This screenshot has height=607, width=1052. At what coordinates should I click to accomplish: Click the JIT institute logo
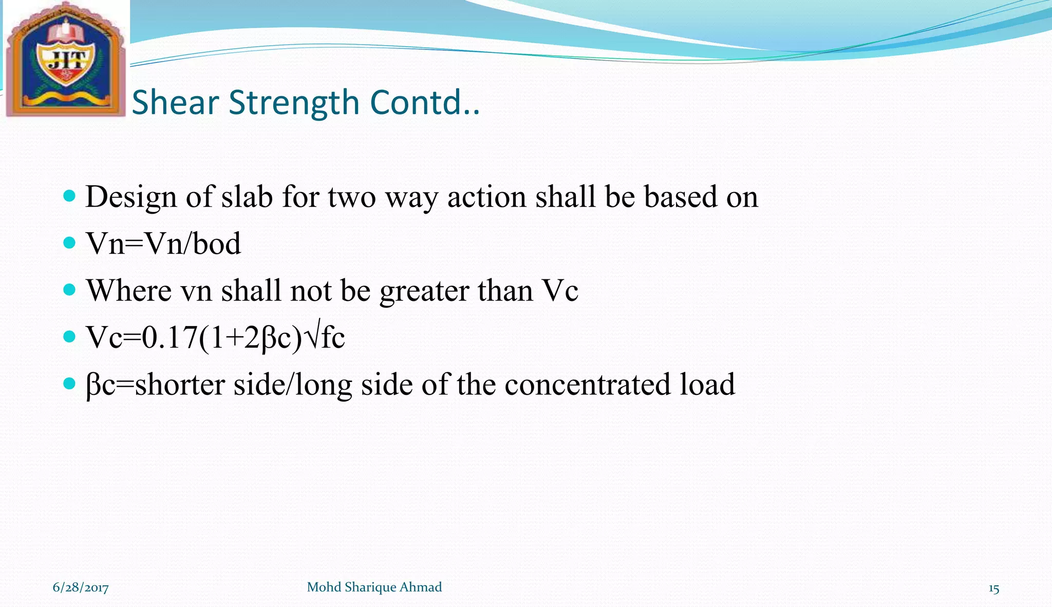coord(65,60)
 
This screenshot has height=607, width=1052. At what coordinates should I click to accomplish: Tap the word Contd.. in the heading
coord(424,102)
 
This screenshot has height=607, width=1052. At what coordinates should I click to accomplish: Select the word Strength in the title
coord(294,102)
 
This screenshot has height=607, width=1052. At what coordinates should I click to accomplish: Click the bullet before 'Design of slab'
coord(69,196)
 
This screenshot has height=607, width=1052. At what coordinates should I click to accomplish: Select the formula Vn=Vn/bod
coord(163,243)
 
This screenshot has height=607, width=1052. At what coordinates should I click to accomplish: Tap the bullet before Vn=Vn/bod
coord(69,242)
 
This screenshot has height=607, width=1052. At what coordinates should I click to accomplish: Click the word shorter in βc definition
coord(180,385)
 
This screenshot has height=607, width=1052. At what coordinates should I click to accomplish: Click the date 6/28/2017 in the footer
coord(81,587)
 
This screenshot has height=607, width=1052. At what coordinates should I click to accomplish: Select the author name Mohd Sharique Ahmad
coord(374,587)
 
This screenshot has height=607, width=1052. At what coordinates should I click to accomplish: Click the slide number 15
coord(993,589)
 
